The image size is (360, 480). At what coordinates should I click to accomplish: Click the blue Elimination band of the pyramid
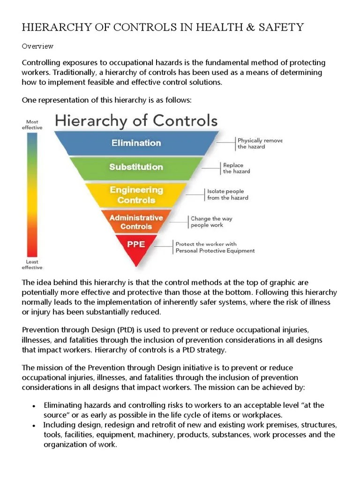136,143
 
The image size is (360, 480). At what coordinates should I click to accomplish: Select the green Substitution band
136,167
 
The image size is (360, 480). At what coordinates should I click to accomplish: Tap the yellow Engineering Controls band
136,195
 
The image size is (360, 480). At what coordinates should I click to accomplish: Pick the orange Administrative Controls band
136,222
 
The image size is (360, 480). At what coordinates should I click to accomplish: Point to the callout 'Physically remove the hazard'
260,143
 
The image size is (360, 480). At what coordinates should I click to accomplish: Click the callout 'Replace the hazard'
236,168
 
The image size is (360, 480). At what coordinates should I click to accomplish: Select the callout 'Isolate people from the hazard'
227,195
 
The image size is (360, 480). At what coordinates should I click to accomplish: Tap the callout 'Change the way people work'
211,222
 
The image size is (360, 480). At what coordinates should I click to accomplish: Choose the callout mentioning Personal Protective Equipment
215,247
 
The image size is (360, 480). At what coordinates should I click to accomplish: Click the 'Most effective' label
32,125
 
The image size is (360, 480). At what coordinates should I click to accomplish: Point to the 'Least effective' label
32,264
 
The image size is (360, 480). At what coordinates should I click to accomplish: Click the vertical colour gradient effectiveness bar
32,194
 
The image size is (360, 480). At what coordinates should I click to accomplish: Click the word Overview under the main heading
37,46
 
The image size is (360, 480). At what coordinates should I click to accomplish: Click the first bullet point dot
34,406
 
